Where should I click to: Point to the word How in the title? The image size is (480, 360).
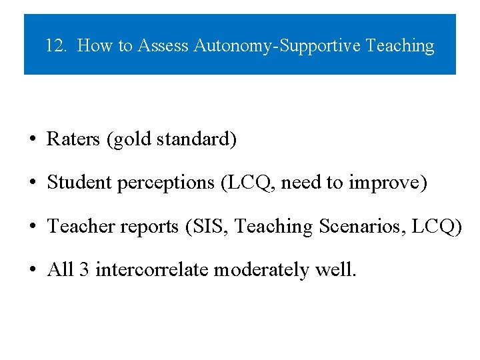click(95, 46)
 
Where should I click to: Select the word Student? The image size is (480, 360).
click(79, 183)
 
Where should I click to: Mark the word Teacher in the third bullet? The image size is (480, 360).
click(81, 227)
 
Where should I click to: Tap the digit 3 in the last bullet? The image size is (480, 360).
click(84, 270)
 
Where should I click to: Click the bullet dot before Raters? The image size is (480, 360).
click(32, 140)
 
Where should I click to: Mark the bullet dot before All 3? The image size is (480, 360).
click(32, 271)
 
